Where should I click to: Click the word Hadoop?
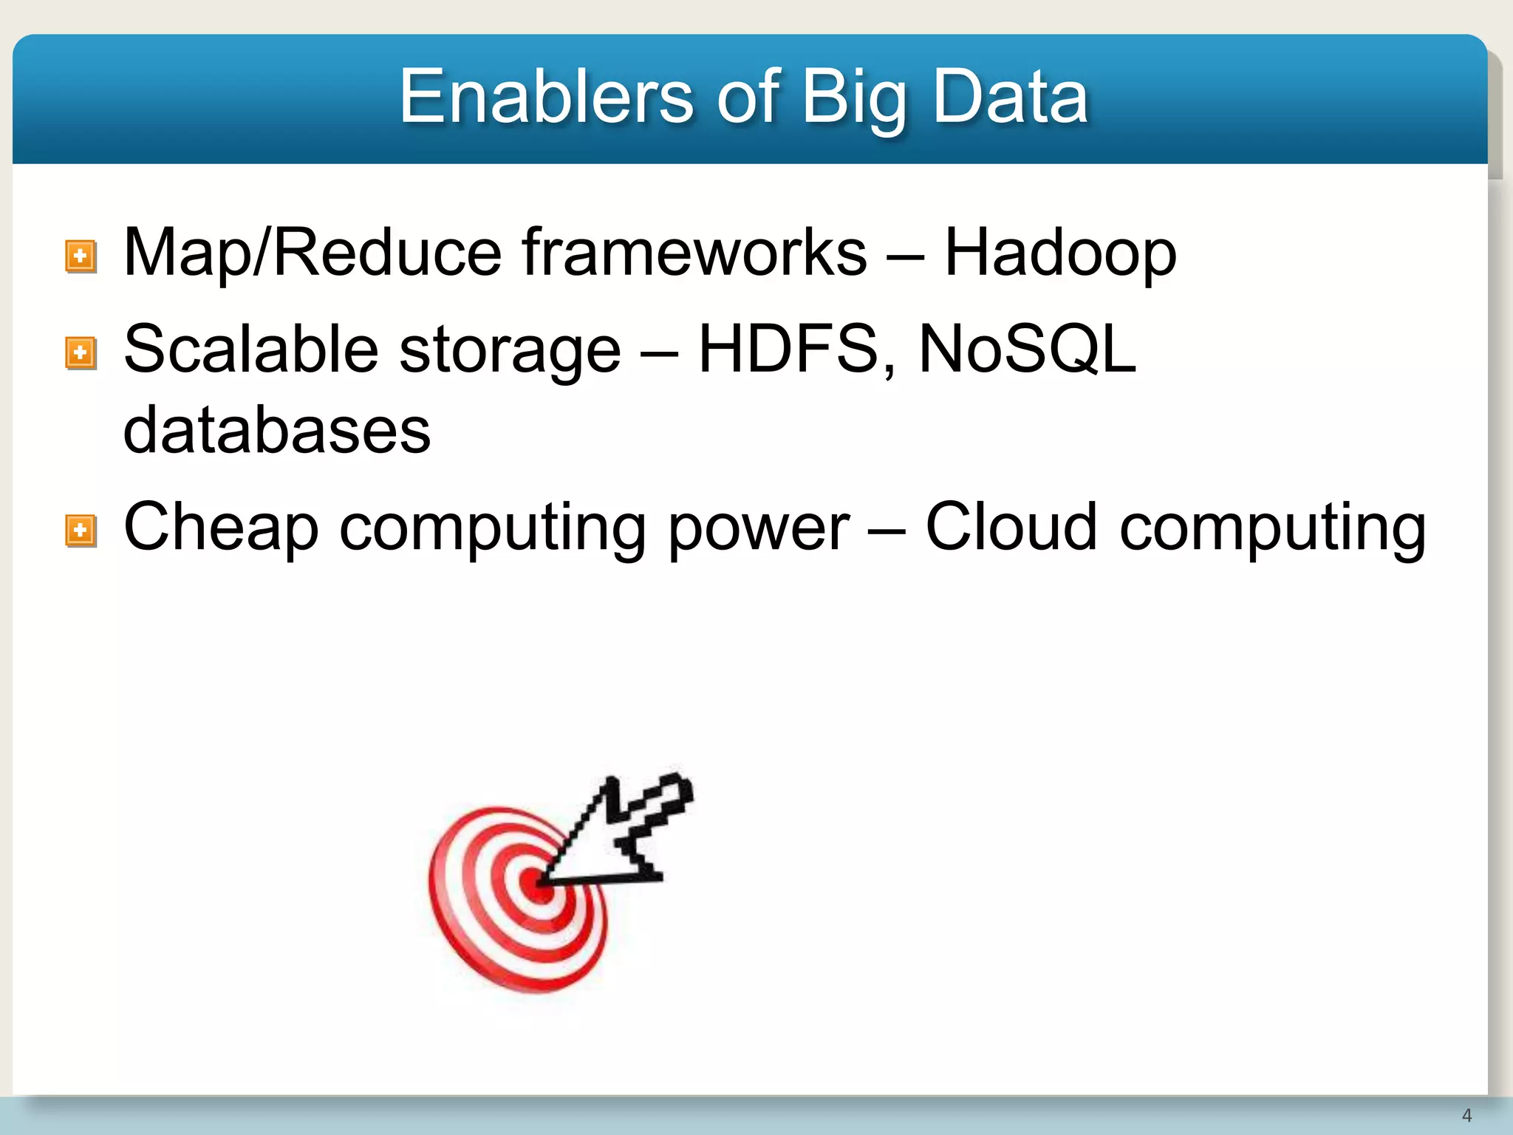click(x=1060, y=253)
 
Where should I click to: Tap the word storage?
click(x=510, y=352)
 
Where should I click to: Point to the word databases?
click(x=277, y=430)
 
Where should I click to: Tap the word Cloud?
click(x=1011, y=526)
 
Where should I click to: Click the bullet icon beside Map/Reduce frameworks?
click(x=81, y=256)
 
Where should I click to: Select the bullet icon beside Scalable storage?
click(x=81, y=352)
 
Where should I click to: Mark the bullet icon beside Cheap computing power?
click(x=81, y=531)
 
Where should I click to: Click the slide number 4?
click(x=1466, y=1115)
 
